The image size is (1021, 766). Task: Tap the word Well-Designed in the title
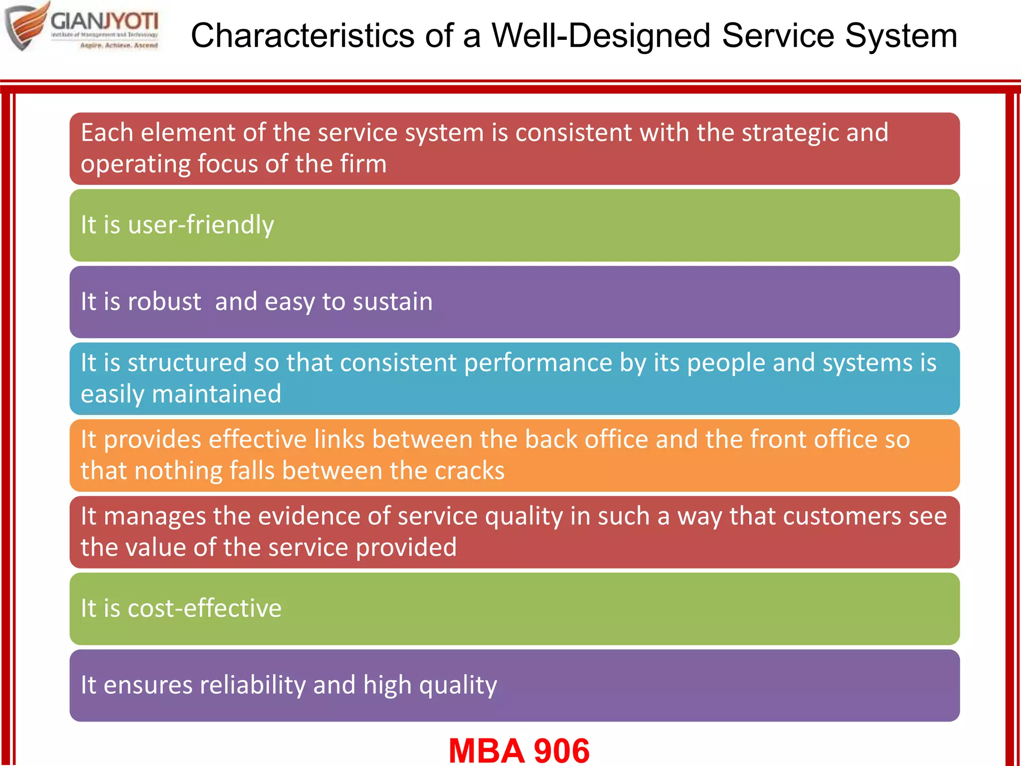coord(601,36)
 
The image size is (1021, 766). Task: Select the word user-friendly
coord(201,225)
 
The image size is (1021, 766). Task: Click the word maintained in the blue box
coord(216,394)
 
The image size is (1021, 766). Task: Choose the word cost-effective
coord(204,608)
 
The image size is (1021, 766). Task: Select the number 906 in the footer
coord(561,751)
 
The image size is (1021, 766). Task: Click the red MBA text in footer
coord(487,751)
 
